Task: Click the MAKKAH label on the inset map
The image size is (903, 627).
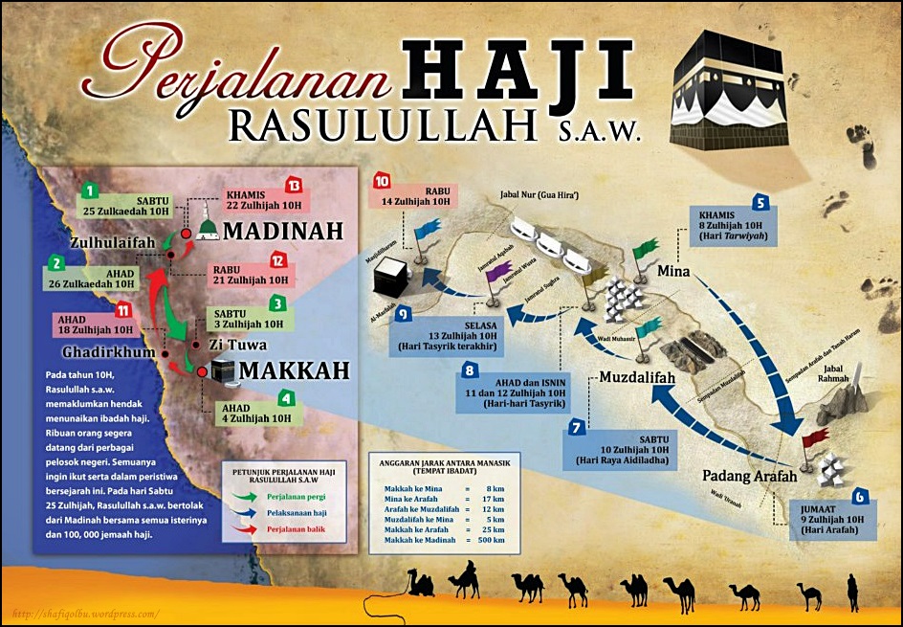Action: (289, 370)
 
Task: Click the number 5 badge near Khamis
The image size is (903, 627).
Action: (760, 202)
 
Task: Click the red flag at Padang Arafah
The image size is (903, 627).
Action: (814, 438)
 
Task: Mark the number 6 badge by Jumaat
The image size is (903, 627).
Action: (861, 497)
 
